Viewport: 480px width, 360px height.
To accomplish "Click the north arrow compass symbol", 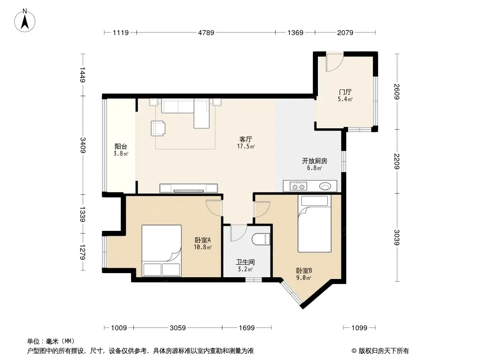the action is point(25,21).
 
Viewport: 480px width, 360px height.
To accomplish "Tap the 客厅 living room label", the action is point(245,139).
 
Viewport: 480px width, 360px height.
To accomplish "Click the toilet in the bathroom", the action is point(261,239).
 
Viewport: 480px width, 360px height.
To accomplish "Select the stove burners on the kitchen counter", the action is point(298,186).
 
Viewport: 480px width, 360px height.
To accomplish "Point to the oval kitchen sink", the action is point(325,186).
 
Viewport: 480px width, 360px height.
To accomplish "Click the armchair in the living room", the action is point(158,128).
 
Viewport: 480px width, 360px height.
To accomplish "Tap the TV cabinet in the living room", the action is point(189,188).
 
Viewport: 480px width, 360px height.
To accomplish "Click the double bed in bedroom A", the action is point(162,251).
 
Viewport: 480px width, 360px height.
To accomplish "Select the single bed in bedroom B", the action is point(314,224).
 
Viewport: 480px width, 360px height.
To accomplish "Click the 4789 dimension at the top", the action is point(206,32).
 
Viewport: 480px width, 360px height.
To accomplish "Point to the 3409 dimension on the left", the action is point(83,145).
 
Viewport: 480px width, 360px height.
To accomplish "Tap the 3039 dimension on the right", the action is point(397,237).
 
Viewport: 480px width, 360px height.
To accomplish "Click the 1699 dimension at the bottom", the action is point(247,328).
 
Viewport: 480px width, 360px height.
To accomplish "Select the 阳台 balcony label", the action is point(121,147).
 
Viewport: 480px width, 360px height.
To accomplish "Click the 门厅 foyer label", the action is point(345,92).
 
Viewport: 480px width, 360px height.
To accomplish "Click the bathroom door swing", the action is point(239,233).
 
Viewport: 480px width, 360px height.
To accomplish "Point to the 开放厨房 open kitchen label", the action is point(314,161).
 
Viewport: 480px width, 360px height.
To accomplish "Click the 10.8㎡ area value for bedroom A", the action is point(202,247).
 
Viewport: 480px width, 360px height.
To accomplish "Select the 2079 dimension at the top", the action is point(345,32).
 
